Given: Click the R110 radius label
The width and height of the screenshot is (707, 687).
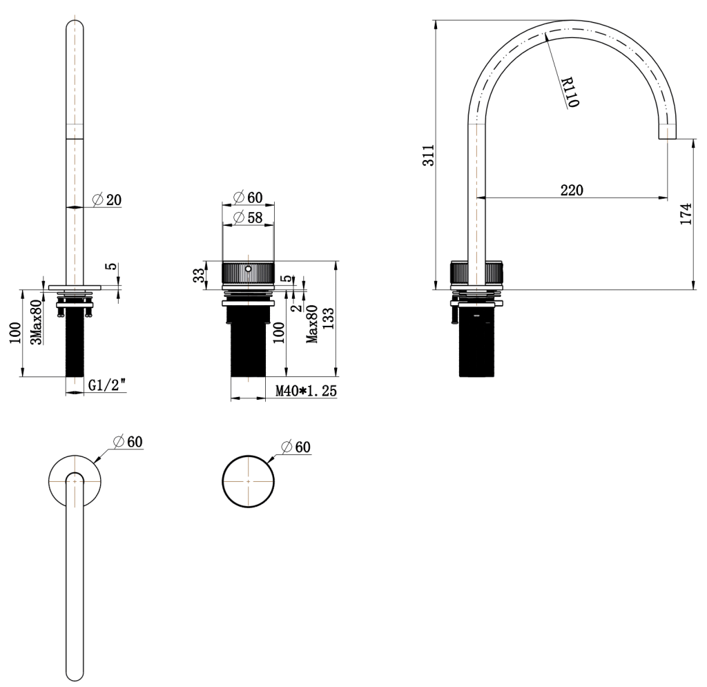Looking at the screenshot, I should [x=570, y=92].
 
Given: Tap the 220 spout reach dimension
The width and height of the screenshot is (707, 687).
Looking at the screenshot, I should [x=572, y=190].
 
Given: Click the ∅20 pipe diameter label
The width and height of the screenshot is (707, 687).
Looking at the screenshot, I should [x=106, y=200].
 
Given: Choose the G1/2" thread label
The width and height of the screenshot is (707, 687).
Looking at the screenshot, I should [x=106, y=387].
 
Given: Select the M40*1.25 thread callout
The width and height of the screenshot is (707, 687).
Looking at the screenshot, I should [x=306, y=391].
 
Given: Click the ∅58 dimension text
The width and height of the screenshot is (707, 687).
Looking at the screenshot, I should [x=247, y=217].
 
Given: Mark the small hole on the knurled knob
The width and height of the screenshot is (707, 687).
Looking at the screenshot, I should [x=248, y=267].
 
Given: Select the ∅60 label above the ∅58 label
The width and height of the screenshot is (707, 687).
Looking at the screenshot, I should [x=247, y=197].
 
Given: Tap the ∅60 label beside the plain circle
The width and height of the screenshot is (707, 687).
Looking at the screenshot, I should [x=295, y=447].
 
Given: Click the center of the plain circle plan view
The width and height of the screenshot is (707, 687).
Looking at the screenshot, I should [x=248, y=481].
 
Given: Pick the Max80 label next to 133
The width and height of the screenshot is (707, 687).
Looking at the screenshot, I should [x=312, y=324].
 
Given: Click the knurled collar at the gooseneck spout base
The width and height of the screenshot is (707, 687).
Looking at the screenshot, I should [x=478, y=273].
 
